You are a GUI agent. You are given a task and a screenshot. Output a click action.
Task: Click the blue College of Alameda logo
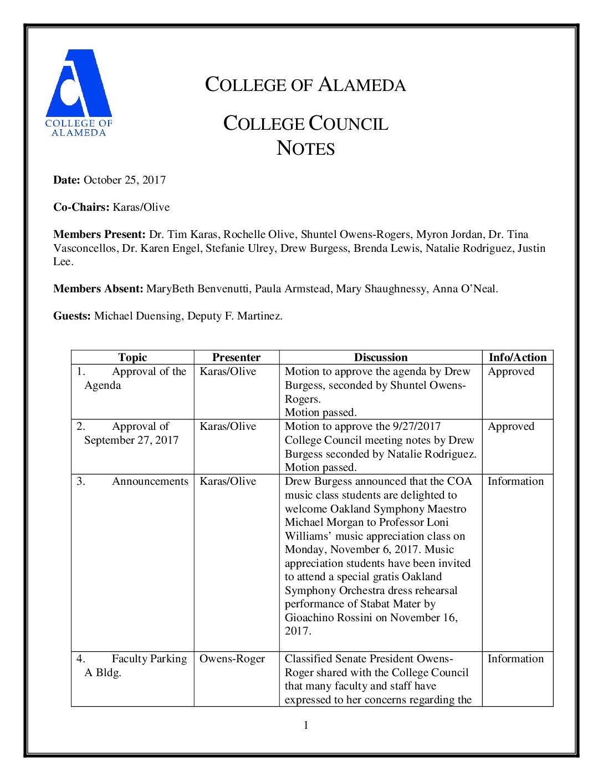79,92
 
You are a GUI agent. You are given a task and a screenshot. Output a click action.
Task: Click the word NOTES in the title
305,149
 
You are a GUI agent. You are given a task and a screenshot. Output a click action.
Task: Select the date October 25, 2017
125,180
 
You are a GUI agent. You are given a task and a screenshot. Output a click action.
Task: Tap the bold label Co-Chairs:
81,207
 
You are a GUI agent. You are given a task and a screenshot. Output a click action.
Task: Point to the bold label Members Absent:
99,289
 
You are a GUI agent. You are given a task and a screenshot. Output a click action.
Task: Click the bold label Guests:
72,316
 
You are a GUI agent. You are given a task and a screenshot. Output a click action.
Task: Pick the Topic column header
132,358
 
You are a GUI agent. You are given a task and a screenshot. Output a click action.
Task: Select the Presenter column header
236,358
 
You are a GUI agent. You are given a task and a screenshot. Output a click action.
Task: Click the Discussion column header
381,358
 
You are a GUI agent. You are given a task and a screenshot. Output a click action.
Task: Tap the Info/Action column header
518,358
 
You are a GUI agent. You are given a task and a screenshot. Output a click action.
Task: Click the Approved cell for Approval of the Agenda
511,372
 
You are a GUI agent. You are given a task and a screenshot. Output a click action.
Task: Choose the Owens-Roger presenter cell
232,659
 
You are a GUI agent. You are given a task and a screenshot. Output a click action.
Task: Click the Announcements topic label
150,481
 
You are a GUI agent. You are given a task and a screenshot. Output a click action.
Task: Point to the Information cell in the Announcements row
515,481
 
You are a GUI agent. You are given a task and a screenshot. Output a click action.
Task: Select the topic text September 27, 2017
131,440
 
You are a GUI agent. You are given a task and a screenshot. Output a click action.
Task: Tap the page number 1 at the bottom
306,726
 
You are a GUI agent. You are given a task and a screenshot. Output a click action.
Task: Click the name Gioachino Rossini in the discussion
328,618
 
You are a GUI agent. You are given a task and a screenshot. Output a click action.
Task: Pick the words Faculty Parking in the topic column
149,659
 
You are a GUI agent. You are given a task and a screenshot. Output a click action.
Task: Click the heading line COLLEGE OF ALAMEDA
305,85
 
